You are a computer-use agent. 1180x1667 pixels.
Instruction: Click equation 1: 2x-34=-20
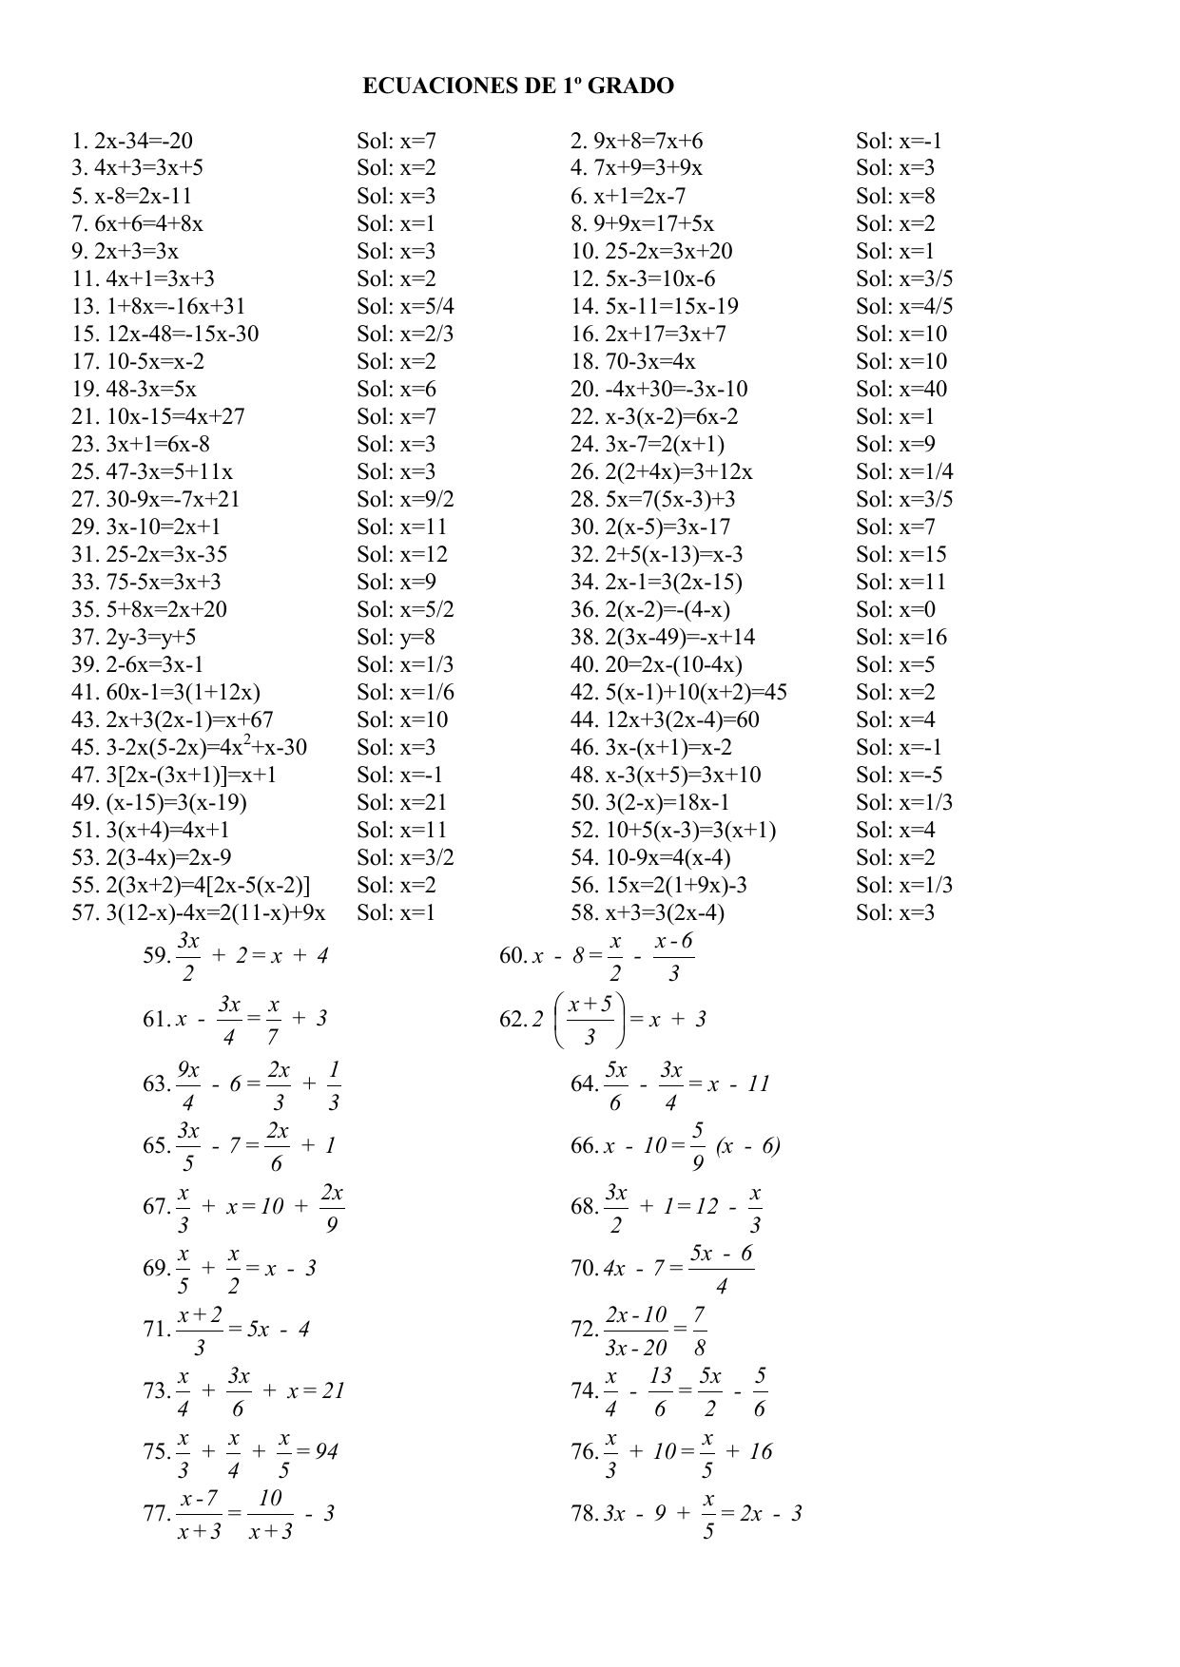coord(132,142)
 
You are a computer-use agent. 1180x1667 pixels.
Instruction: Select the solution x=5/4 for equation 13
coord(405,307)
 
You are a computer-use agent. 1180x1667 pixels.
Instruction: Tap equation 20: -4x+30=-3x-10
coord(659,390)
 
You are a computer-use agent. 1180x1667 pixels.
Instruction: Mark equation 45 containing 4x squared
coord(189,747)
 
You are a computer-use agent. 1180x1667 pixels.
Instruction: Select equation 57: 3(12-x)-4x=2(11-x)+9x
coord(199,913)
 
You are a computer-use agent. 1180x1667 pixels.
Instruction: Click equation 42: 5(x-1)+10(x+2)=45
coord(679,693)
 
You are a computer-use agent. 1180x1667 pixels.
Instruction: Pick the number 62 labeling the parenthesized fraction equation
coord(512,1020)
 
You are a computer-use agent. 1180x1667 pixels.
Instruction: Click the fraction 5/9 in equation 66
coord(698,1145)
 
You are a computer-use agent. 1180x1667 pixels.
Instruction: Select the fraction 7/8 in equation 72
coord(700,1331)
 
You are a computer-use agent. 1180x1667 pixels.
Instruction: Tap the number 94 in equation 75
coord(326,1451)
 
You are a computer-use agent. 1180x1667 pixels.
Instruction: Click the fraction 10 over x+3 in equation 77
coord(271,1514)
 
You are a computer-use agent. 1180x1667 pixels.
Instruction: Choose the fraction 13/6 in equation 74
coord(660,1392)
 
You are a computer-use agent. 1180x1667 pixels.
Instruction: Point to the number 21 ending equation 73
coord(333,1390)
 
